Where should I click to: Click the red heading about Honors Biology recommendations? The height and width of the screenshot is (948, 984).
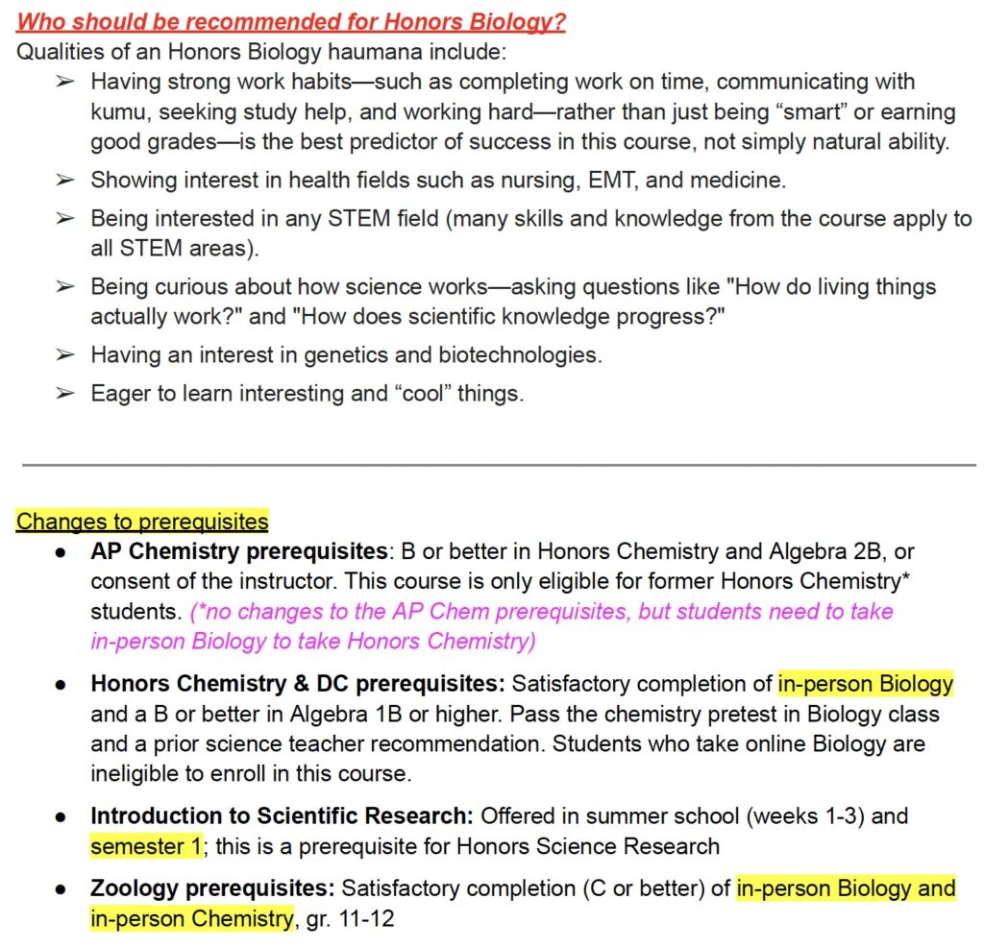coord(291,21)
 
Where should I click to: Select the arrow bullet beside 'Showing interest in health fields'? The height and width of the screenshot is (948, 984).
coord(64,180)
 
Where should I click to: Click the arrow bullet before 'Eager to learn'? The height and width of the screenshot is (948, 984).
coord(64,394)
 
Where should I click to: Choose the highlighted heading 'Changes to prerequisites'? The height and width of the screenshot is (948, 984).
coord(142,522)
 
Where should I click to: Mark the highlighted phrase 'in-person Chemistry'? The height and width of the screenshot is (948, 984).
coord(191,918)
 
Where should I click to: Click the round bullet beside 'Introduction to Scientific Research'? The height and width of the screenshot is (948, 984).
coord(60,816)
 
